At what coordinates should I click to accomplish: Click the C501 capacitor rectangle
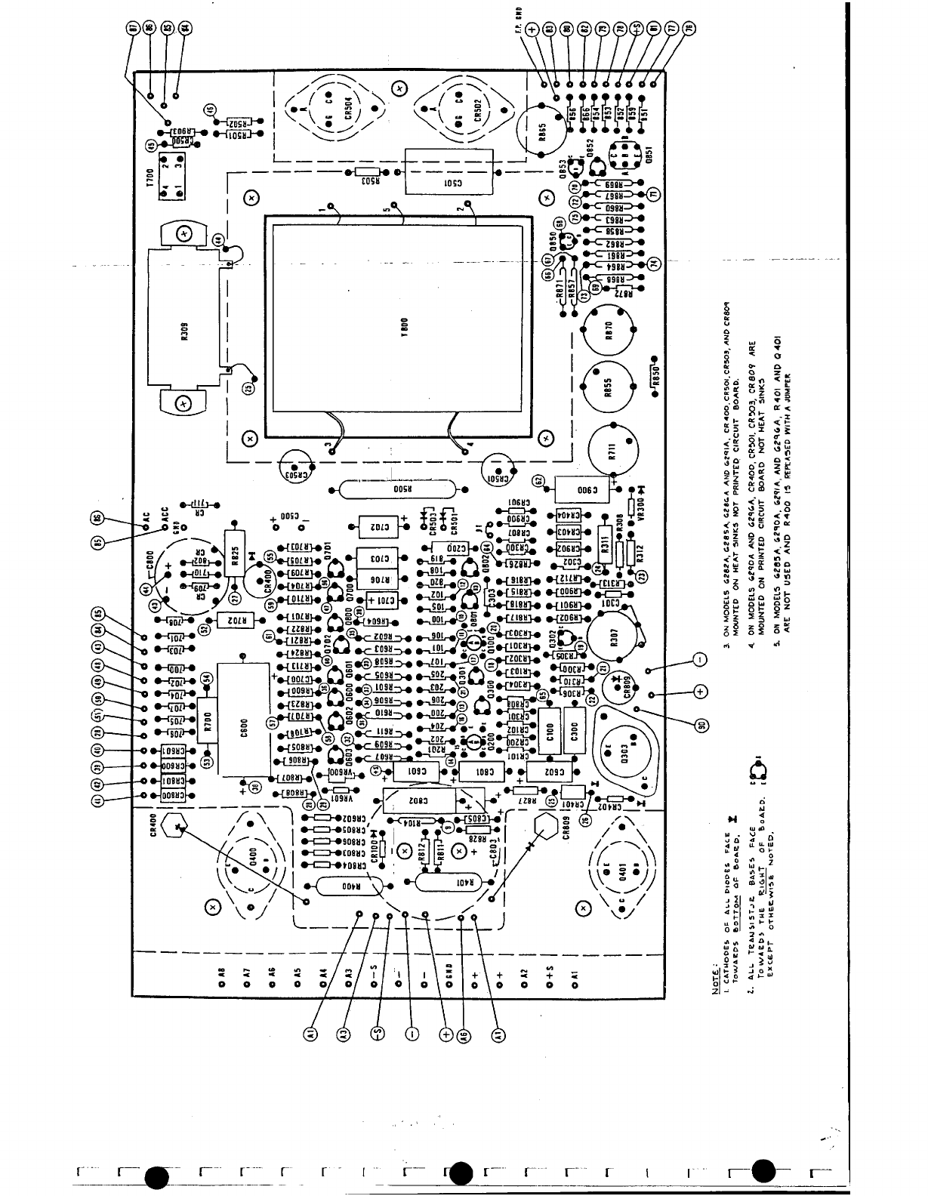(x=444, y=172)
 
